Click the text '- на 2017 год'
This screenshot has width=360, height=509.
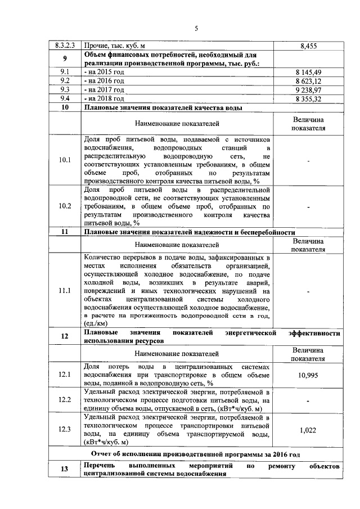tap(104, 89)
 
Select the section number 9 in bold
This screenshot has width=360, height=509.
tap(65, 59)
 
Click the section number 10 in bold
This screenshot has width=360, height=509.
tap(65, 107)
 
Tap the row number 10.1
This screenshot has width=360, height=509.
tap(65, 160)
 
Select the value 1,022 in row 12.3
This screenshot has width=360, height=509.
tap(308, 430)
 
